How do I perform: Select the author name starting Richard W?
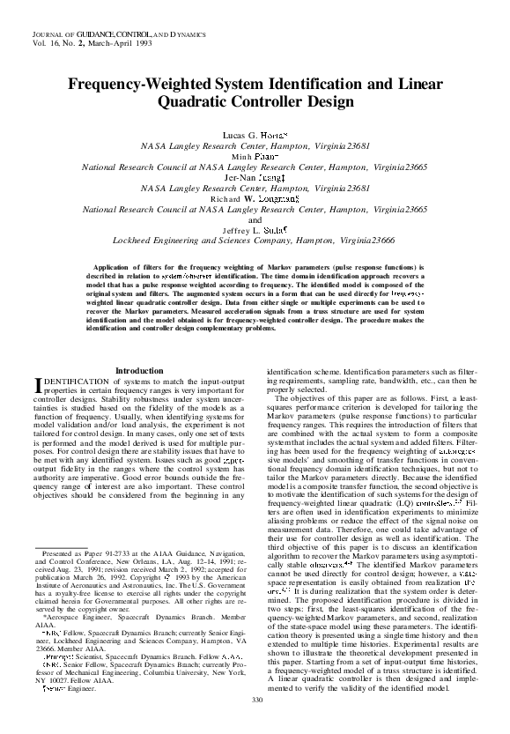[x=254, y=201]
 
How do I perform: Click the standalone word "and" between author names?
[x=255, y=219]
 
